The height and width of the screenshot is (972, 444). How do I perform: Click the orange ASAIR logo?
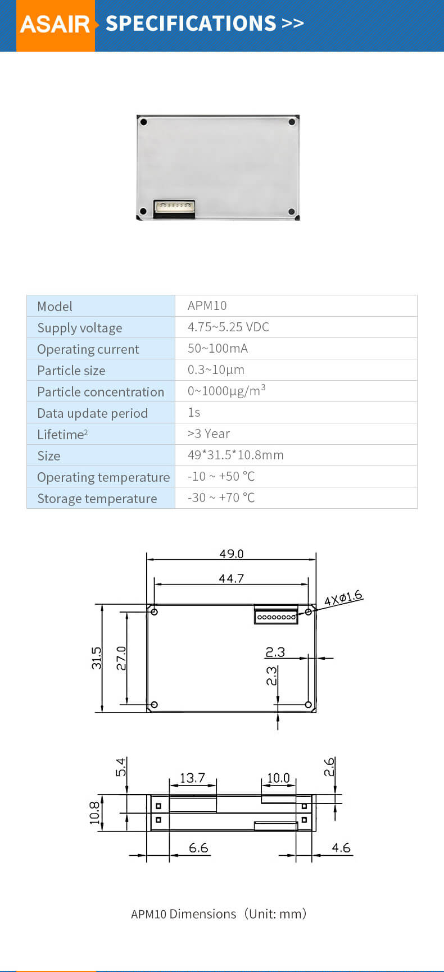coord(55,24)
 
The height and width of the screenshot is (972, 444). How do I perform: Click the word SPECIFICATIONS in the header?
coord(191,24)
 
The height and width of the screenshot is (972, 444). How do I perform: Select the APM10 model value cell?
coord(207,305)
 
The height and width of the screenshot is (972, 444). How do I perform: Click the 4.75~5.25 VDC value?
coord(228,327)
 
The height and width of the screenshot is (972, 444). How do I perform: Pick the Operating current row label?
coord(88,349)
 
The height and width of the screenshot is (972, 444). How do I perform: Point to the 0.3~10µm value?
coord(216,369)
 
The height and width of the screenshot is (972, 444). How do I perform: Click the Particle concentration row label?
coord(101,391)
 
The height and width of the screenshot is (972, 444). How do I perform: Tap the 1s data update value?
coord(194,412)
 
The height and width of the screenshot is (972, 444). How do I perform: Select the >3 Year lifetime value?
coord(209,433)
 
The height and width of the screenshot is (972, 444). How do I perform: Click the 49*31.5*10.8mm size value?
coord(235,455)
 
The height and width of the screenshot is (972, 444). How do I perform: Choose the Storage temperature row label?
coord(97,498)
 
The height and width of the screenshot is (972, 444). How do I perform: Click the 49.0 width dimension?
coord(231,554)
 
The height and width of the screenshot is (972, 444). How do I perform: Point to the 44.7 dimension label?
coord(231,578)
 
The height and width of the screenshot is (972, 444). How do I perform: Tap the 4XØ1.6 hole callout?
coord(343,598)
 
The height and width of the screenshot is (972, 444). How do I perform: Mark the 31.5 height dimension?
coord(97,658)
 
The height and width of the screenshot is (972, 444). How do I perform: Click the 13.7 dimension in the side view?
coord(192,778)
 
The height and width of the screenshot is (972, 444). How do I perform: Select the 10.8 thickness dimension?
coord(94,813)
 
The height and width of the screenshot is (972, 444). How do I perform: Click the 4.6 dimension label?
coord(341,847)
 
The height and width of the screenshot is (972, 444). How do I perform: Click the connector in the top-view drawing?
coord(276,615)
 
